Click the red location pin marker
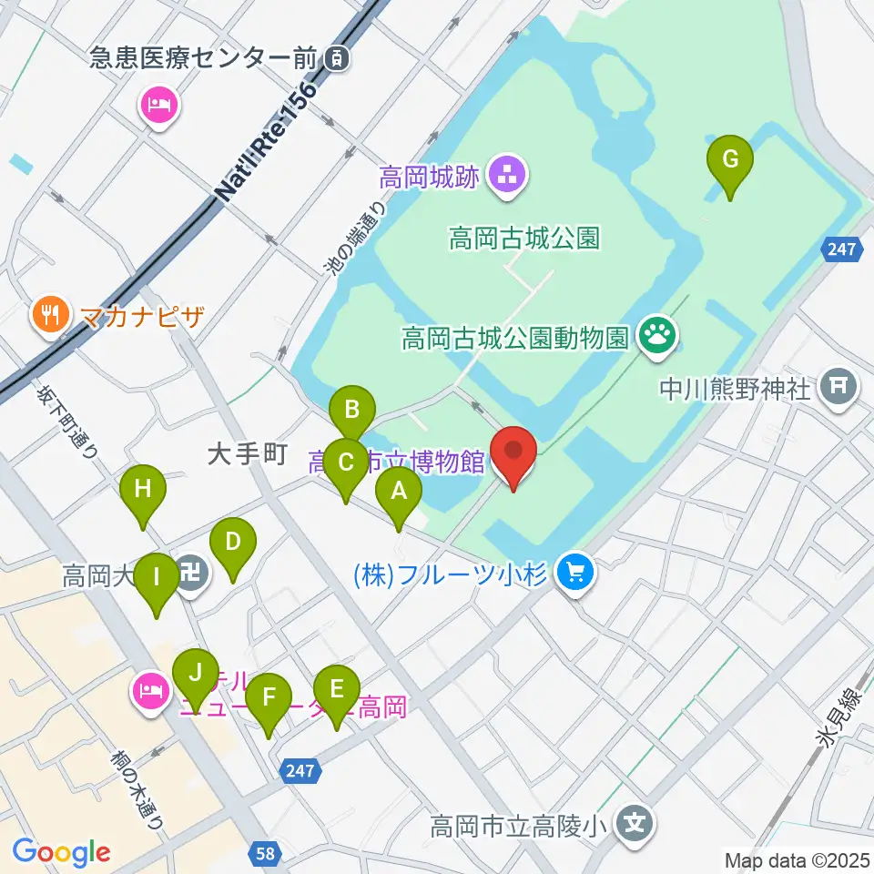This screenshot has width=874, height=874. click(x=513, y=452)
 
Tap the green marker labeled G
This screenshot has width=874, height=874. click(x=730, y=160)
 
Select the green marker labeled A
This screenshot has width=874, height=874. click(x=399, y=492)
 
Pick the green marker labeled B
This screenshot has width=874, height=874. click(x=351, y=412)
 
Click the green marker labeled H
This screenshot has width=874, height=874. click(x=143, y=490)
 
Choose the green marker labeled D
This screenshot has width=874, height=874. click(x=232, y=544)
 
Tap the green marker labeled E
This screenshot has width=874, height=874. click(x=336, y=691)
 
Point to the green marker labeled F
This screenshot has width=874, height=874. click(x=268, y=698)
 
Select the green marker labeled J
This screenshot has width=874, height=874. click(x=195, y=675)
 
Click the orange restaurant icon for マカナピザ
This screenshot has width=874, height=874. click(x=46, y=316)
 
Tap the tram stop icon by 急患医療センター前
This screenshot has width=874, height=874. click(x=338, y=59)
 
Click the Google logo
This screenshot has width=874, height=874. click(x=61, y=852)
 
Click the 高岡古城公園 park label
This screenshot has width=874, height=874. click(x=523, y=239)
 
